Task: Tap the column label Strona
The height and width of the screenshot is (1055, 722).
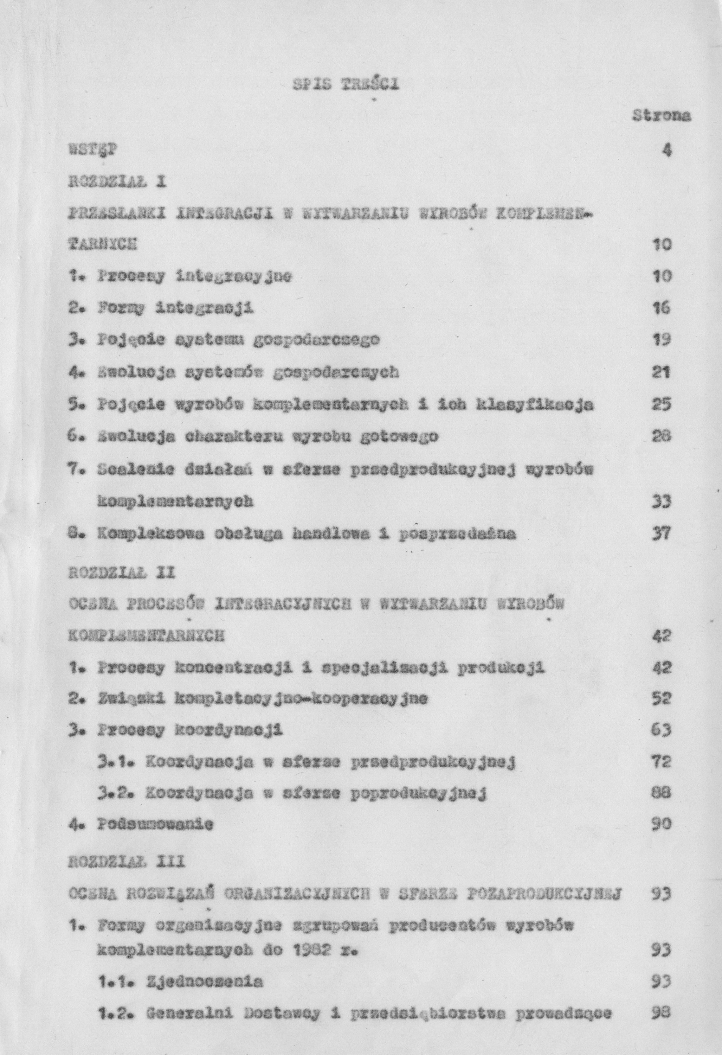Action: click(661, 116)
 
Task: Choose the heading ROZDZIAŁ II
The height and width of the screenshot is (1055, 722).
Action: click(121, 573)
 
